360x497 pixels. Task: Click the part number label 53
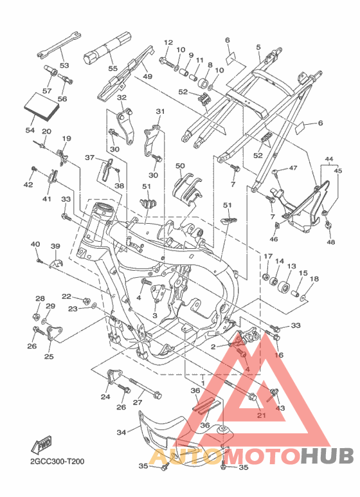64,66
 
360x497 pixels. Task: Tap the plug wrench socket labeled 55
107,48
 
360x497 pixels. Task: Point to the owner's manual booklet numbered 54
42,106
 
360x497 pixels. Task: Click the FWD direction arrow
41,446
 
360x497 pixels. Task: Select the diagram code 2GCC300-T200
57,461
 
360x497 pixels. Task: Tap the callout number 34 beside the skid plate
122,432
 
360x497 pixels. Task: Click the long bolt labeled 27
145,388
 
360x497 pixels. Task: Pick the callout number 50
180,166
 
